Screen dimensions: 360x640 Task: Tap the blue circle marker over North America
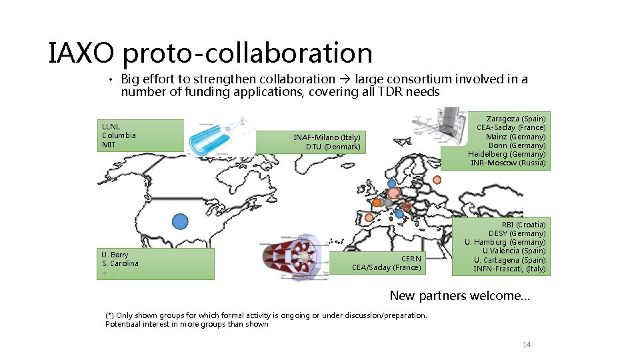(179, 221)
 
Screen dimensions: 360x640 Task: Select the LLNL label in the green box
(111, 126)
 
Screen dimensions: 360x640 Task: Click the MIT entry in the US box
(109, 145)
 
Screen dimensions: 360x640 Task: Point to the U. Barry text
(115, 255)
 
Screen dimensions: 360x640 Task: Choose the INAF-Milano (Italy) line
(327, 137)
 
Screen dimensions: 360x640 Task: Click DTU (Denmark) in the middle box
(333, 147)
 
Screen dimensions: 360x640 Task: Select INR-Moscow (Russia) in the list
(508, 163)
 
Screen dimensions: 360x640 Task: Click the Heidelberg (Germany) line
(507, 154)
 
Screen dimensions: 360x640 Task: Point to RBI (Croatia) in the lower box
(523, 225)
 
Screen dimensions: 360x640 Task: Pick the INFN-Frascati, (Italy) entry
(509, 269)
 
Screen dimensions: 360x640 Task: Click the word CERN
(411, 259)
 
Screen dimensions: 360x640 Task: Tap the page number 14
(527, 345)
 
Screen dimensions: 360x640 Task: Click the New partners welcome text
(459, 295)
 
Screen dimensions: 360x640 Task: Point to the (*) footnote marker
(110, 315)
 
